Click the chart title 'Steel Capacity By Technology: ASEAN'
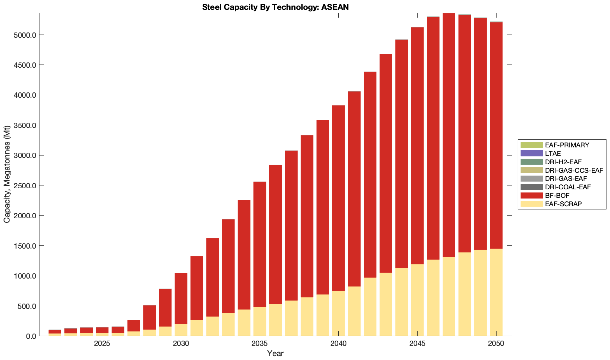coord(275,7)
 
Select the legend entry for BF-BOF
coord(557,195)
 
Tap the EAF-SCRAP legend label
coord(563,204)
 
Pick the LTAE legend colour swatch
coord(531,153)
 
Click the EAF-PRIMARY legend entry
coord(567,145)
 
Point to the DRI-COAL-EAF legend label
coord(567,187)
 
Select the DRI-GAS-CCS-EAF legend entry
coord(574,170)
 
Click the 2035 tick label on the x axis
coord(259,344)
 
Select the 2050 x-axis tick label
coord(496,344)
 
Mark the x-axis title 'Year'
coord(275,353)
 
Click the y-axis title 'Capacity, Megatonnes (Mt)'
coord(7,175)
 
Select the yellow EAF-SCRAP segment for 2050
coord(496,293)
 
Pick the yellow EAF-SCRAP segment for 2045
coord(417,300)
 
